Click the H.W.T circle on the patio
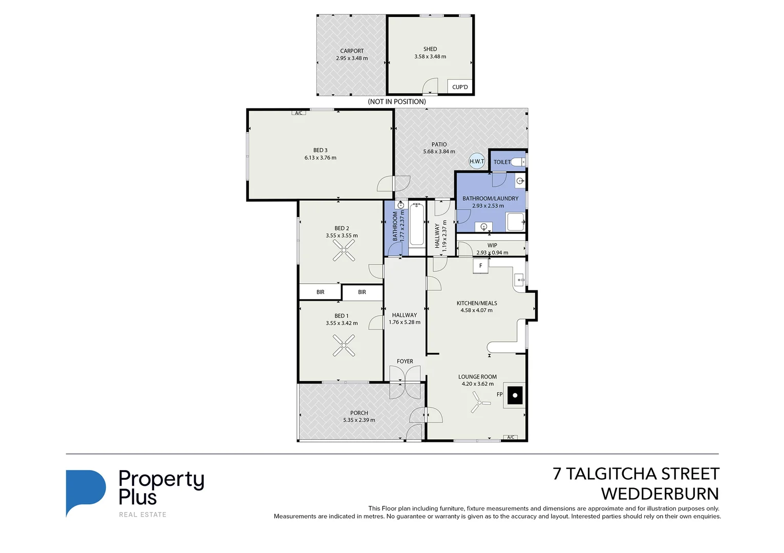(x=477, y=161)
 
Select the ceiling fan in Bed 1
(x=344, y=345)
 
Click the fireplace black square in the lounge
(x=515, y=395)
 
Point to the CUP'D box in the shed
(x=460, y=87)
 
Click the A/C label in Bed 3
(x=299, y=113)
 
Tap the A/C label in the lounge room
(x=511, y=437)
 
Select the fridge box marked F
(x=480, y=266)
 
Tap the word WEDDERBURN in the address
(x=660, y=494)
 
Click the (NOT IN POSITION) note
(x=397, y=101)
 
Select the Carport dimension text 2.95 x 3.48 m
(x=352, y=58)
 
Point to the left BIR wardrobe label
(x=320, y=292)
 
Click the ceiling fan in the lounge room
(x=480, y=403)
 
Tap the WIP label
(x=492, y=245)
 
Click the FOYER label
(x=405, y=361)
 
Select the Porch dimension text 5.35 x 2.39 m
(x=359, y=420)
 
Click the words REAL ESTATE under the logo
(x=142, y=515)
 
